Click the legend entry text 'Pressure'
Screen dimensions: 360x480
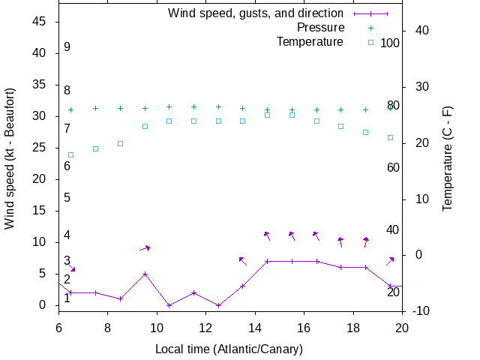coord(320,28)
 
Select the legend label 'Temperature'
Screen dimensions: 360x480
coord(310,42)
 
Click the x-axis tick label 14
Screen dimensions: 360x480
coord(255,328)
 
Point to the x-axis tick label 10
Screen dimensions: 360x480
coord(157,328)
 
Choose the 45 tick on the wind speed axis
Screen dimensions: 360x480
coord(40,22)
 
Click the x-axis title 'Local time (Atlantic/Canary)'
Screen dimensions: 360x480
coord(229,349)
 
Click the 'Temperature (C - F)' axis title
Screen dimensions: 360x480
coord(448,157)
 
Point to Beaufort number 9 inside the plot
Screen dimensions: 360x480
coord(67,47)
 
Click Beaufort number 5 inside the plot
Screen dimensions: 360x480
coord(67,198)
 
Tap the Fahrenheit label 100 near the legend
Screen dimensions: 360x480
coord(390,43)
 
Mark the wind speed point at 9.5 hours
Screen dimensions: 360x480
coord(145,274)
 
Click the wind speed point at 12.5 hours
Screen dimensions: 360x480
coord(218,305)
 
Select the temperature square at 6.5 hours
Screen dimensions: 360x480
coord(71,155)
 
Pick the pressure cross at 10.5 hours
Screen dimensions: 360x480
coord(169,107)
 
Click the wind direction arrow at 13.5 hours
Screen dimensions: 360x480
coord(242,260)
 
